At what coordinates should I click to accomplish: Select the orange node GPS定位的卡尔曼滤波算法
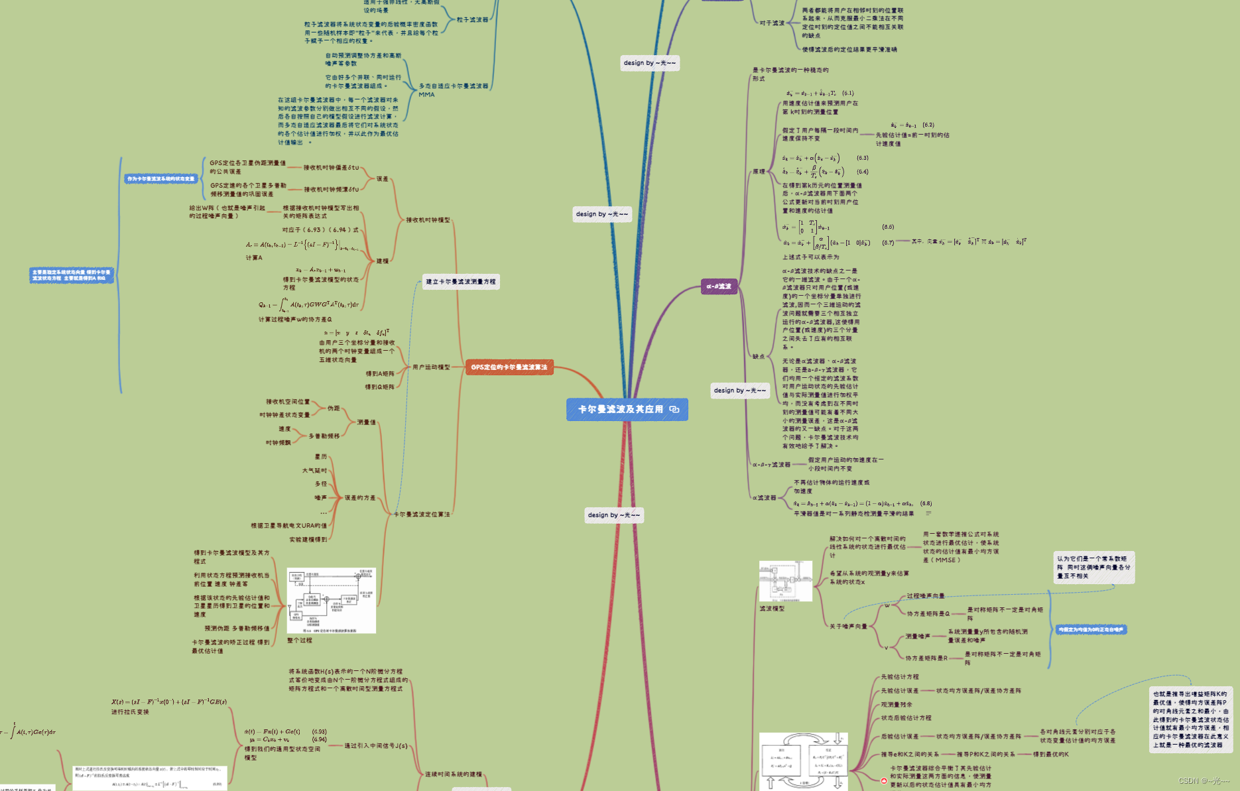pos(509,367)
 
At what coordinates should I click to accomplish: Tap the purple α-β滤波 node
pos(719,286)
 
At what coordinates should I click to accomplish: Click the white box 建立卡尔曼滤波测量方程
pos(461,282)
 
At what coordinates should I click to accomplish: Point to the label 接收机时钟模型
pos(428,220)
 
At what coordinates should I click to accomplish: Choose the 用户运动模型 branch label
pos(431,367)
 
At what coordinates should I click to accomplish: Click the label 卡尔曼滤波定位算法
pos(422,515)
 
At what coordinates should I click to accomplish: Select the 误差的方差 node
pos(360,498)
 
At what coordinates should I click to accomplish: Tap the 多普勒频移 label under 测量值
pos(324,436)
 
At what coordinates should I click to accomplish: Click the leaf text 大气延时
pos(314,471)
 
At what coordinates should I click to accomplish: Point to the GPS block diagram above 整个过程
pos(332,601)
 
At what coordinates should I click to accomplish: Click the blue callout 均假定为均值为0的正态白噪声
pos(1091,630)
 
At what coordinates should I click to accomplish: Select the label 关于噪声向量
pos(848,627)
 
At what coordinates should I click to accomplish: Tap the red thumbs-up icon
pos(884,780)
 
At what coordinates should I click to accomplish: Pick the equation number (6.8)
pos(926,503)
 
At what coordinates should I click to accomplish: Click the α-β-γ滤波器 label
pos(771,465)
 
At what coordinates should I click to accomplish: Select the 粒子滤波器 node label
pos(472,20)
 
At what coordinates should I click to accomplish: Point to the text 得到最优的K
pos(1050,754)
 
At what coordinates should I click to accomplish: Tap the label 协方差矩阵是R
pos(926,658)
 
